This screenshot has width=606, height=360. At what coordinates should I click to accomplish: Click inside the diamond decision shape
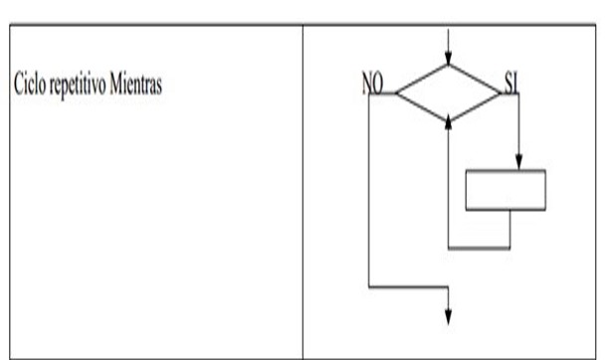[449, 94]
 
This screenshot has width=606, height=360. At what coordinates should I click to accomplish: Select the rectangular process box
[506, 190]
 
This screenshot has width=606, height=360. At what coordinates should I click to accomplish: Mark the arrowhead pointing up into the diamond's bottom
[449, 118]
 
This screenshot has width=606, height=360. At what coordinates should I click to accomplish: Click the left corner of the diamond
[396, 94]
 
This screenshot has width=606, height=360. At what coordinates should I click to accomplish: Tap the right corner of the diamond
[502, 94]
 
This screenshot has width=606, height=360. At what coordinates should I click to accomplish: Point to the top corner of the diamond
[449, 67]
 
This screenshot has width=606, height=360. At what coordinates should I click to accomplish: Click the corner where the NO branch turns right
[368, 286]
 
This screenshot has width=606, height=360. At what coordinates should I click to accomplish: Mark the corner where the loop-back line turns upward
[449, 247]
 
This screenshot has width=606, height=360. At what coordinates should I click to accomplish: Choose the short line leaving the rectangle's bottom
[509, 228]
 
